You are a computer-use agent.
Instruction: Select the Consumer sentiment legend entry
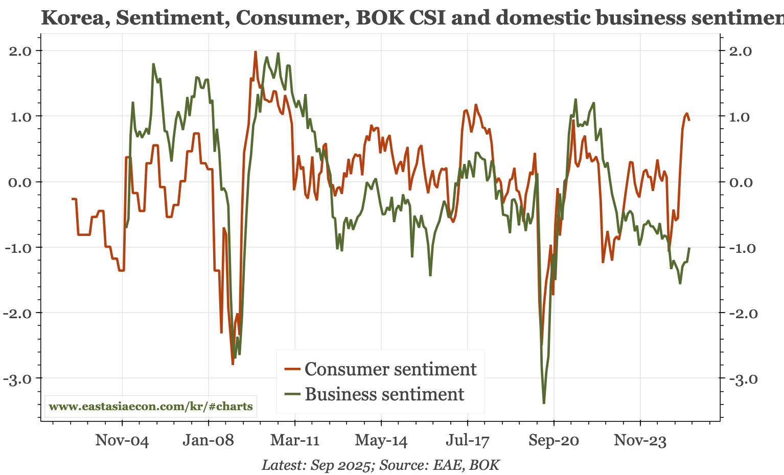(390, 369)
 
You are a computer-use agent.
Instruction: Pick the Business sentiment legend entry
(384, 394)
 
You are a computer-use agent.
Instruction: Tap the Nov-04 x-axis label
(122, 440)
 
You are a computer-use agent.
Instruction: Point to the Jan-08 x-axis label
(209, 440)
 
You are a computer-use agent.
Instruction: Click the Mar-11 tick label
(295, 440)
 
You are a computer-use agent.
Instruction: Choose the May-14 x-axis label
(381, 440)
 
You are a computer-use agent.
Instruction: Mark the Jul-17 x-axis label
(468, 440)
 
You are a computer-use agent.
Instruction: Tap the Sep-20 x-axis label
(554, 440)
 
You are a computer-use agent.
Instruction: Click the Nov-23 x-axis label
(640, 440)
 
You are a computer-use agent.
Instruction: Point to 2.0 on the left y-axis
(20, 51)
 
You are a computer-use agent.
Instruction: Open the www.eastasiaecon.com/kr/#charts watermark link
(151, 407)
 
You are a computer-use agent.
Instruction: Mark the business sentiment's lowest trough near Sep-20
(544, 403)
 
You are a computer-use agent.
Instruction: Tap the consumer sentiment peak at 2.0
(255, 52)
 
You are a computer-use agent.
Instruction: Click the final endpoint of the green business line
(689, 248)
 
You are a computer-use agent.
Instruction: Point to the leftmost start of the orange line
(72, 199)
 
